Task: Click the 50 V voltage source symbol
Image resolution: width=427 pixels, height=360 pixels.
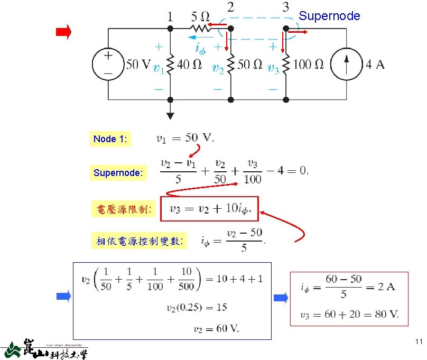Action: [x=108, y=64]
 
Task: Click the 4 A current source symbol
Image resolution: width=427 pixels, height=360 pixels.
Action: [x=346, y=64]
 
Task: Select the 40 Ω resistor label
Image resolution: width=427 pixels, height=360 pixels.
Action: [x=189, y=65]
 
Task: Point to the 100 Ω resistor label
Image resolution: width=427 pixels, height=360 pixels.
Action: [x=308, y=65]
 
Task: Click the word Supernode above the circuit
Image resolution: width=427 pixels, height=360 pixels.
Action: [x=329, y=16]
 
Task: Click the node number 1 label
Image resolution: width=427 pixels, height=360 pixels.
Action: [x=170, y=17]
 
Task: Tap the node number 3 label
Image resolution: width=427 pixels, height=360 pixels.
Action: [x=285, y=8]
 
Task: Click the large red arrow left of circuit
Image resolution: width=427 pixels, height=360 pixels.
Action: [x=63, y=33]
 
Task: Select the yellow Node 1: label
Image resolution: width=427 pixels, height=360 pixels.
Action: [x=111, y=139]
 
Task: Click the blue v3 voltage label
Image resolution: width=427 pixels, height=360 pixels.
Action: [x=273, y=68]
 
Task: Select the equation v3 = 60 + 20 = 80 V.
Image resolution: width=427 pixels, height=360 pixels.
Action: [x=349, y=315]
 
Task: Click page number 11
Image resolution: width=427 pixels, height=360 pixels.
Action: [x=419, y=341]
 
